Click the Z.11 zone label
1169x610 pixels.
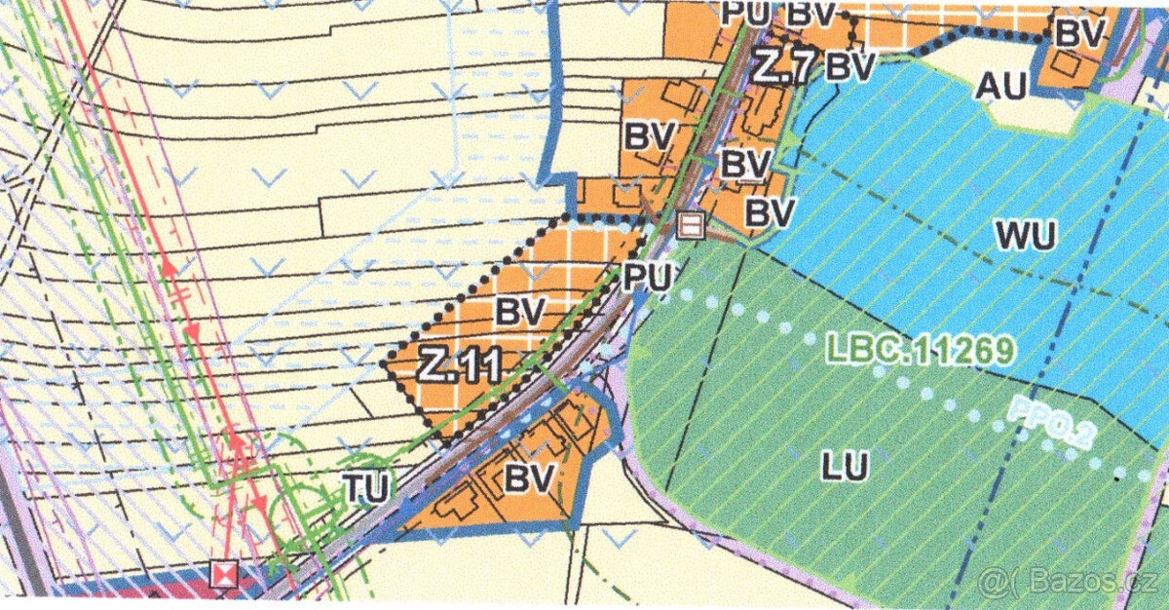461,365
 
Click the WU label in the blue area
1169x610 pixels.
1026,235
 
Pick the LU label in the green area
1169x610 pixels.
844,467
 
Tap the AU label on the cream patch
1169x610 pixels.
1001,87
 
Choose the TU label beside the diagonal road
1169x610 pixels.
365,487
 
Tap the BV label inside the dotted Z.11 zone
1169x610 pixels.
517,312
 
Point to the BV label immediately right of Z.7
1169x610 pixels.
850,66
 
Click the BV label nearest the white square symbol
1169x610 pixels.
770,210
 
